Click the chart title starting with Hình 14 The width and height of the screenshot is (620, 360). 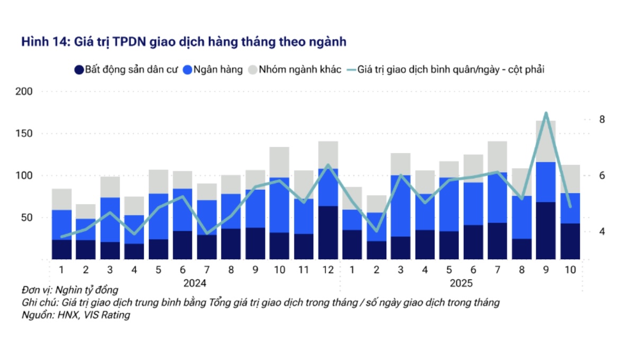pos(184,42)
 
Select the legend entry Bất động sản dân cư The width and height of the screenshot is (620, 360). pos(126,69)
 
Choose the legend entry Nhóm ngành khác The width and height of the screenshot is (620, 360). pos(295,69)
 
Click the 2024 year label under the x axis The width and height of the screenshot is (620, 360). pos(194,283)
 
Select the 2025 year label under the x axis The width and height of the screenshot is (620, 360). pos(461,283)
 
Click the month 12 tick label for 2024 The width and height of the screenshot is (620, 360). pos(328,269)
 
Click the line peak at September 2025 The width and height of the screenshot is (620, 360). pos(546,113)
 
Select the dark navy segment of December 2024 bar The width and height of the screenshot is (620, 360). pos(328,232)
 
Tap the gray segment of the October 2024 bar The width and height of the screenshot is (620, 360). pos(279,162)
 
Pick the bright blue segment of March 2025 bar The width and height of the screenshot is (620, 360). pos(401,206)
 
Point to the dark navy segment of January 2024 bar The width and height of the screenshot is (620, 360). pos(61,249)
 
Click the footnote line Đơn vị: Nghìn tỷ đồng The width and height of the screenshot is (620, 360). pos(70,290)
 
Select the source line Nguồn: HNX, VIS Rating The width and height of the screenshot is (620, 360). pos(76,315)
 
